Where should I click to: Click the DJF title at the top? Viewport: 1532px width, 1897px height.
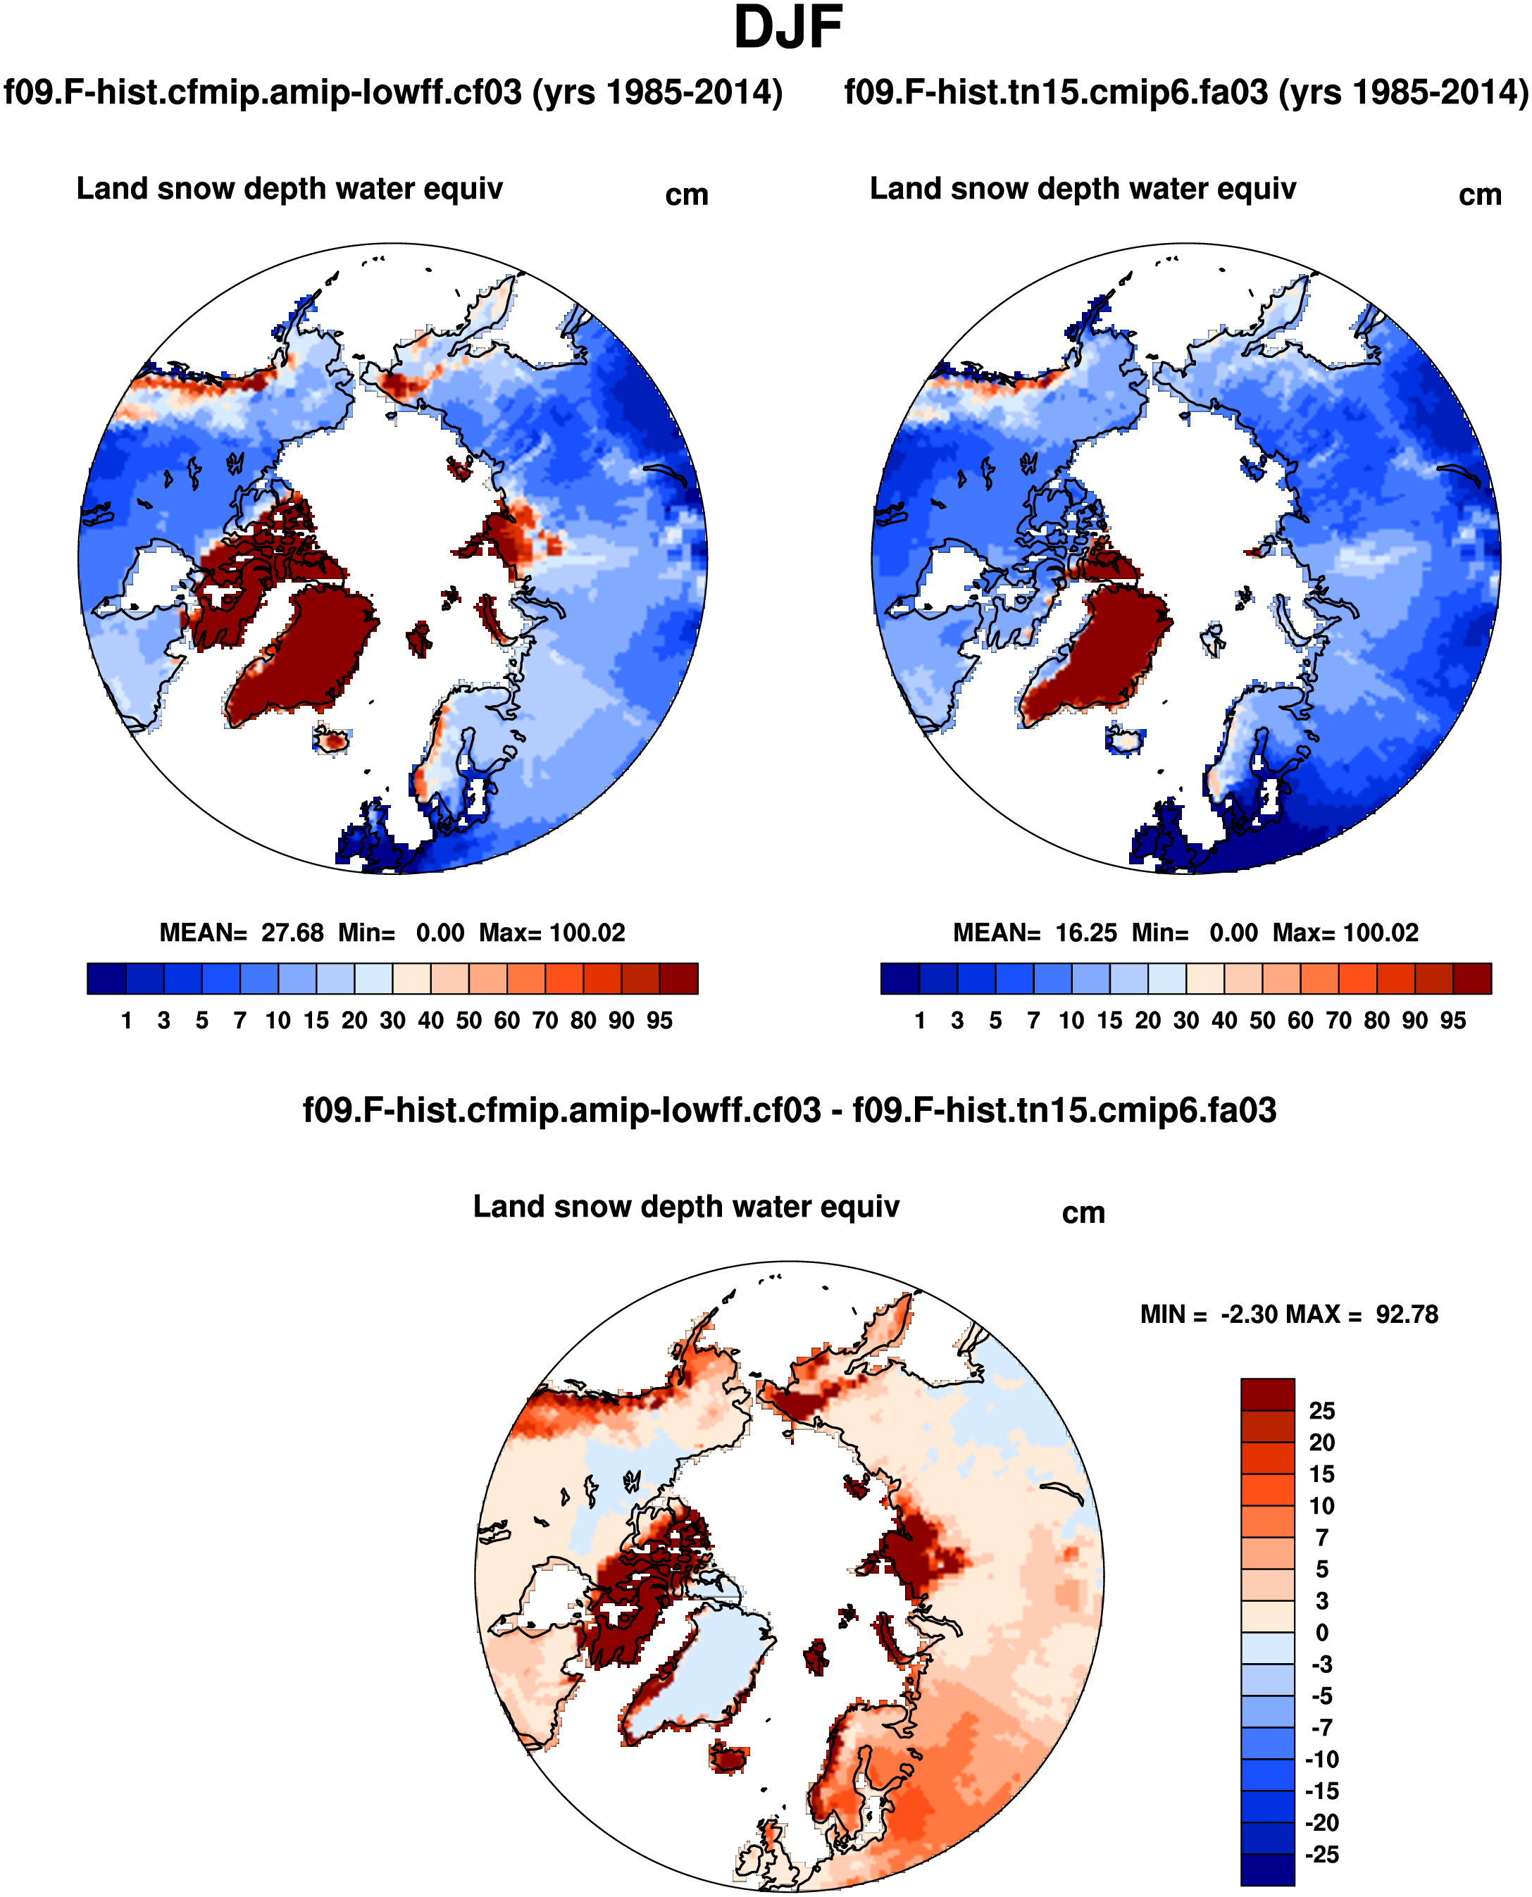tap(787, 28)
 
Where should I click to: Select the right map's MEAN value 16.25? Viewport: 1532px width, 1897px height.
tap(1085, 933)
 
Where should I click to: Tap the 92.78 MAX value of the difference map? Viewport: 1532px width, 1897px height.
tap(1407, 1314)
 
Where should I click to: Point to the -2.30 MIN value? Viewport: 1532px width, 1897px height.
tap(1250, 1314)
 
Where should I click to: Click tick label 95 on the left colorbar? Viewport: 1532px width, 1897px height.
tap(659, 1021)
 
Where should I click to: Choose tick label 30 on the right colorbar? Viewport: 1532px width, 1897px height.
tap(1186, 1021)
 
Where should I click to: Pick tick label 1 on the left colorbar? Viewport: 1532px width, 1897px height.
tap(126, 1021)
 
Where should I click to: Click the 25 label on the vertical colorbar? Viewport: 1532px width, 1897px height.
tap(1321, 1411)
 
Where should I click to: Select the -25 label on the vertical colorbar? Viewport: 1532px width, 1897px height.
tap(1321, 1855)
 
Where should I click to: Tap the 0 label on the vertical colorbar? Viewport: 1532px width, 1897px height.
tap(1321, 1632)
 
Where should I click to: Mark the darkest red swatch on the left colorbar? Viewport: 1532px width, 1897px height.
tap(678, 978)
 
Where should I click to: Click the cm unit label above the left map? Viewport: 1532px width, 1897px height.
tap(687, 195)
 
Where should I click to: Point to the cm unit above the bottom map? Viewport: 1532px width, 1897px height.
tap(1083, 1213)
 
